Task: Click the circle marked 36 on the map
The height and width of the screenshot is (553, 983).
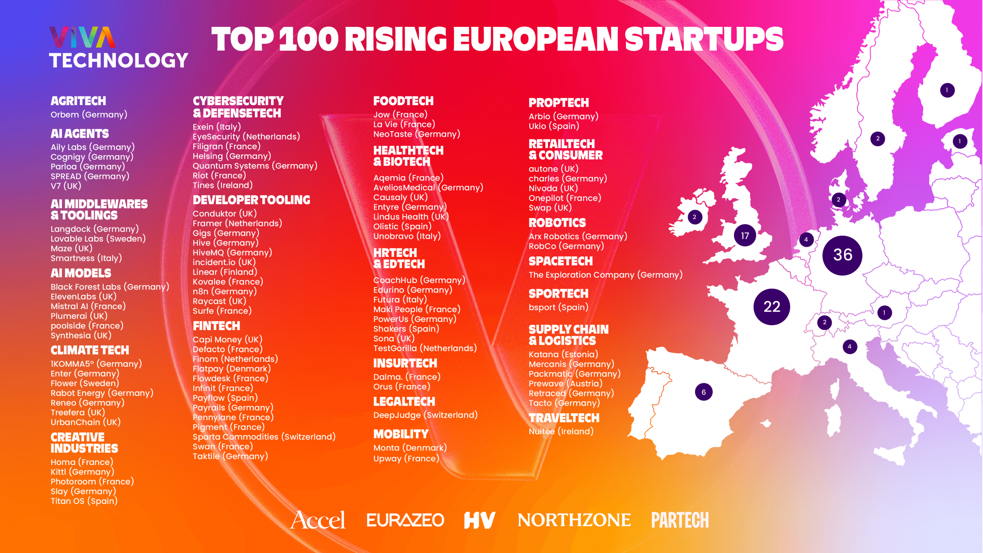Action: (842, 255)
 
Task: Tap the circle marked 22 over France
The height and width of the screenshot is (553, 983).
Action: (771, 306)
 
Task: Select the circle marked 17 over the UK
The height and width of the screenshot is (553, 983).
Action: (745, 235)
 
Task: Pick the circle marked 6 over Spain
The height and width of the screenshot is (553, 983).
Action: (703, 392)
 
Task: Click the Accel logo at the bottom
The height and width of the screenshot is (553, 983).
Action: (318, 520)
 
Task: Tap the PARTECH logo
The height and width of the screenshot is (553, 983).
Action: (680, 520)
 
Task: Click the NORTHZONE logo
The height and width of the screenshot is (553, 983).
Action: (574, 520)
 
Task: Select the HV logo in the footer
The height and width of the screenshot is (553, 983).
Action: (479, 520)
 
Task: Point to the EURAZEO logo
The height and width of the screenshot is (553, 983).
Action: (405, 520)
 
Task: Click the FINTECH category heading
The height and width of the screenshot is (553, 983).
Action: (216, 326)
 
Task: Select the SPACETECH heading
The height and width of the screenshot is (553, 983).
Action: (560, 261)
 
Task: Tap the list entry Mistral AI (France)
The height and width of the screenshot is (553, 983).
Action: (88, 306)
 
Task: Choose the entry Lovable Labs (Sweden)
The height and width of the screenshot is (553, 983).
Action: (98, 238)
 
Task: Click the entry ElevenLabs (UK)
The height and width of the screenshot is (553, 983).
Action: (83, 296)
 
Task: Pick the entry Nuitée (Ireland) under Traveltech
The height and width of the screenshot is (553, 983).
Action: (561, 431)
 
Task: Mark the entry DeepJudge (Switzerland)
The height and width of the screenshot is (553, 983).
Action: (425, 415)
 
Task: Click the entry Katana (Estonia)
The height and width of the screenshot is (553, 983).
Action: (563, 354)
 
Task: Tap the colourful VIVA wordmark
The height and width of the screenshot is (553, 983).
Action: (82, 37)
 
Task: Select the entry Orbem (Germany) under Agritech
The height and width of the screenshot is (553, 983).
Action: (89, 114)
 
